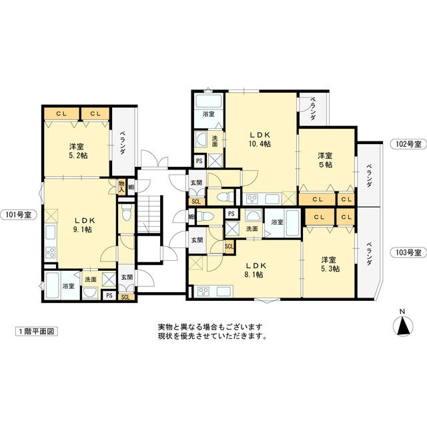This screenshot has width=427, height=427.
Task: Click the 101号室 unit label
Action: [x=20, y=215]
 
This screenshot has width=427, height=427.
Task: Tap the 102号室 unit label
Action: [x=406, y=144]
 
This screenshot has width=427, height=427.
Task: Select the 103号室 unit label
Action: [x=406, y=252]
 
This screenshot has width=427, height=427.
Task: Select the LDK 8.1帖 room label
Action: [x=253, y=269]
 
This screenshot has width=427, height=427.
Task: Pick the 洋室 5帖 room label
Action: [x=325, y=161]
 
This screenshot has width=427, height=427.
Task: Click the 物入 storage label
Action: [x=121, y=185]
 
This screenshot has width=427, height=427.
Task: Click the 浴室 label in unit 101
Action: [x=68, y=286]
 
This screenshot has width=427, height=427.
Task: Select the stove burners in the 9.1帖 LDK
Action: [x=50, y=252]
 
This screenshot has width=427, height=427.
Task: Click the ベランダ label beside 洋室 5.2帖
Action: [x=123, y=142]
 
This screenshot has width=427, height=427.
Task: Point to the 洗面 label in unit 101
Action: [x=91, y=280]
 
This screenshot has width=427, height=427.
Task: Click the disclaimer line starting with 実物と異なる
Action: [x=210, y=327]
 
